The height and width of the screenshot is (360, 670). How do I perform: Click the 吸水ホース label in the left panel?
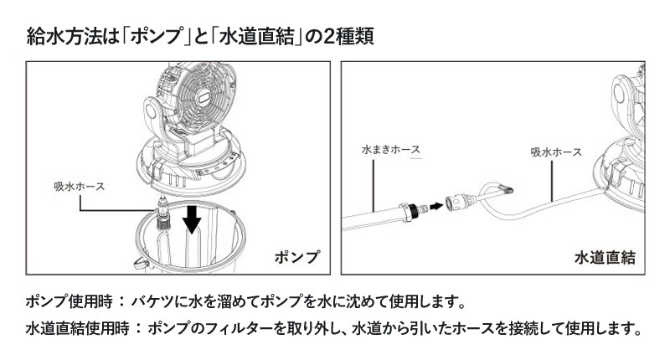pyautogui.click(x=79, y=187)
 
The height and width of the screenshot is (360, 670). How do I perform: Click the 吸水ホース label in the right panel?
pyautogui.click(x=556, y=152)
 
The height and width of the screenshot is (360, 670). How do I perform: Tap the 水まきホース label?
pyautogui.click(x=391, y=150)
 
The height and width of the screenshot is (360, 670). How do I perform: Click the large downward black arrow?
pyautogui.click(x=192, y=219)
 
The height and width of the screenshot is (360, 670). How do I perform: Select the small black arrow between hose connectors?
pyautogui.click(x=435, y=206)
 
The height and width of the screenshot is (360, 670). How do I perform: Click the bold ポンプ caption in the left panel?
pyautogui.click(x=296, y=257)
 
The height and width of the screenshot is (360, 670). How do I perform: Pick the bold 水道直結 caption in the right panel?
pyautogui.click(x=605, y=258)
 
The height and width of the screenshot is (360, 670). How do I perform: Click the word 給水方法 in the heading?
pyautogui.click(x=64, y=36)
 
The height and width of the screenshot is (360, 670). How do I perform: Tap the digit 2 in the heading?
pyautogui.click(x=329, y=36)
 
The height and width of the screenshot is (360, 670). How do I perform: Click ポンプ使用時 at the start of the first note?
pyautogui.click(x=69, y=302)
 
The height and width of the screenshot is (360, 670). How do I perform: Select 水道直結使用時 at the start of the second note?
pyautogui.click(x=77, y=328)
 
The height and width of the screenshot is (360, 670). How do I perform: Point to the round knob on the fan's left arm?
pyautogui.click(x=151, y=112)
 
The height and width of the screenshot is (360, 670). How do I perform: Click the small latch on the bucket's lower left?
pyautogui.click(x=140, y=265)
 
